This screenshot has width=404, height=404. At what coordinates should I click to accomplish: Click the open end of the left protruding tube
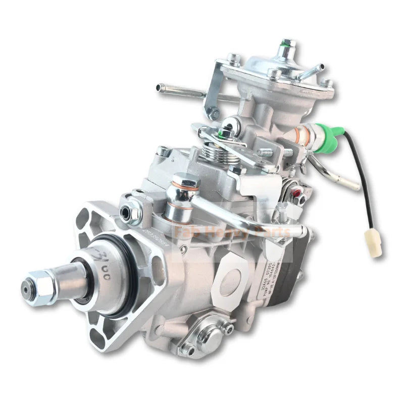[161, 88]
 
